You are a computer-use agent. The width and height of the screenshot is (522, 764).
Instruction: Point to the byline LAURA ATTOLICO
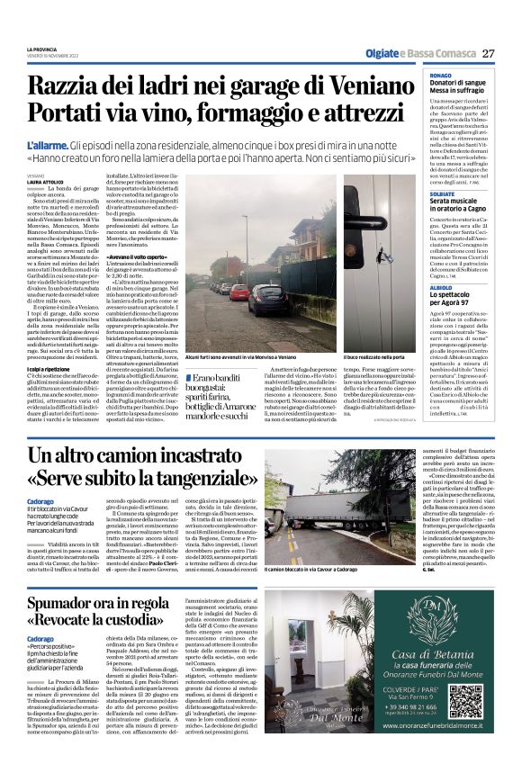[46, 183]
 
